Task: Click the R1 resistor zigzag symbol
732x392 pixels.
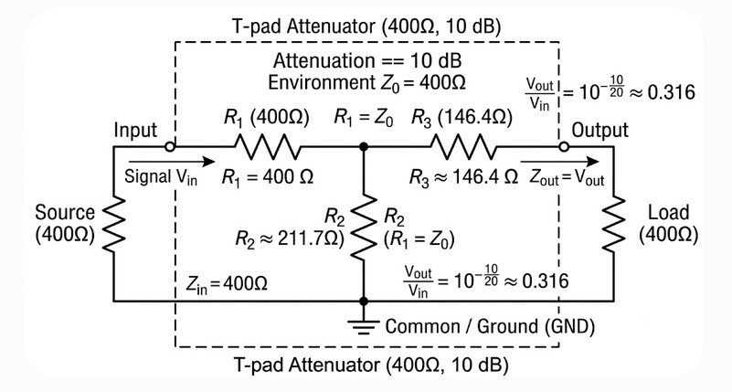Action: coord(268,147)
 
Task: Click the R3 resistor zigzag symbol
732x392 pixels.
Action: coord(463,147)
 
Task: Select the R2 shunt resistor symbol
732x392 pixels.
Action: coord(364,228)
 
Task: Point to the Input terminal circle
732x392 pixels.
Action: coord(170,147)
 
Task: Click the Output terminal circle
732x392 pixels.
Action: coord(564,147)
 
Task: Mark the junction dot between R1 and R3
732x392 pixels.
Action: coord(364,147)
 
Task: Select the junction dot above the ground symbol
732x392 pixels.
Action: coord(364,301)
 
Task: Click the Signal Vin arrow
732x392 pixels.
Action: coord(171,162)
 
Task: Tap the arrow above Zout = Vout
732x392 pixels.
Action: coord(559,162)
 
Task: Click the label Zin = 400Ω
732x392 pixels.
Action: coord(227,284)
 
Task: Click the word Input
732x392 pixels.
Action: coord(135,131)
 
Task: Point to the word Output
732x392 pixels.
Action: coord(599,131)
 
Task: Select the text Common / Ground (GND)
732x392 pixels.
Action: coord(490,326)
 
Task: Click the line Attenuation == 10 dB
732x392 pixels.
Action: coord(367,60)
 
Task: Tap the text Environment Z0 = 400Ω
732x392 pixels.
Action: coord(367,83)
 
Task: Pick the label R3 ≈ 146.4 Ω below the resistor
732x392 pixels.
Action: coord(463,177)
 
